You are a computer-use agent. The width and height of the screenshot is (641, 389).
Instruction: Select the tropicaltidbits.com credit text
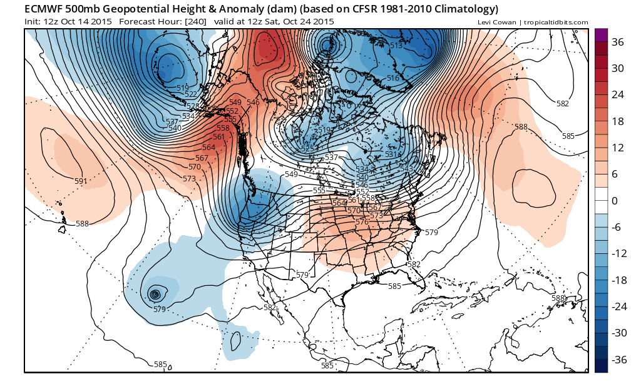click(551, 23)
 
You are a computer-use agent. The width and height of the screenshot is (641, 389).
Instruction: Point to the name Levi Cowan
click(492, 23)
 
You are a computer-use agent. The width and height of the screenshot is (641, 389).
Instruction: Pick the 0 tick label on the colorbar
click(615, 200)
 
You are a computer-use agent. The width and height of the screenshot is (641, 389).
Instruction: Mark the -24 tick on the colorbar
click(619, 306)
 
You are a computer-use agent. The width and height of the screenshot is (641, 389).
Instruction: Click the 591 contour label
click(81, 181)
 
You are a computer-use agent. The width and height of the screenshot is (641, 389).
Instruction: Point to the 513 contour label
click(396, 46)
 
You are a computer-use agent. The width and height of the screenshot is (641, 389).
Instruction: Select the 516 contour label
click(392, 78)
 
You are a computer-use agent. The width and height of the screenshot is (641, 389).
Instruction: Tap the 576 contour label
click(362, 222)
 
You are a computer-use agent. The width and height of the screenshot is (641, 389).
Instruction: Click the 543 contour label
click(406, 169)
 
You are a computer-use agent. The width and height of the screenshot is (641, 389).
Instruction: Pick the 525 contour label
click(308, 149)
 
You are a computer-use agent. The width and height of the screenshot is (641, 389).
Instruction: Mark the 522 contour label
click(190, 94)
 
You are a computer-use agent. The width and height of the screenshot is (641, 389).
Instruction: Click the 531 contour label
click(391, 154)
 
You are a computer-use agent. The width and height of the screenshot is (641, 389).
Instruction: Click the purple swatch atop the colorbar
click(600, 34)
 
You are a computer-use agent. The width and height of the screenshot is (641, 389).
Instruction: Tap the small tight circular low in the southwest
click(155, 294)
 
